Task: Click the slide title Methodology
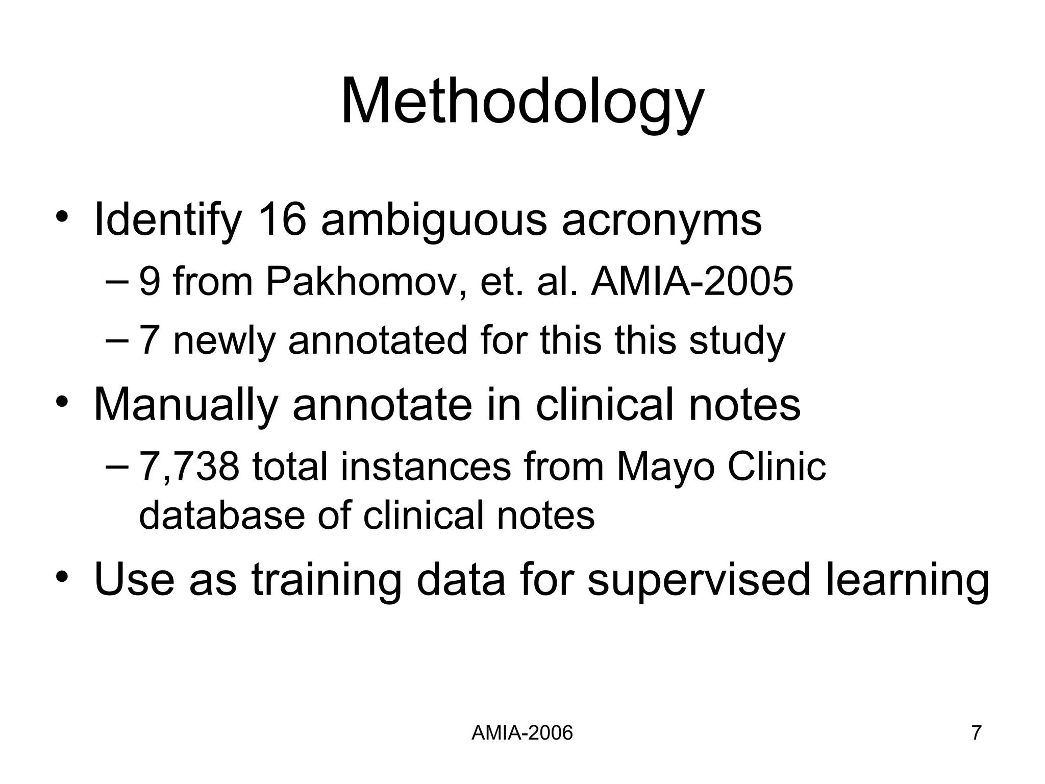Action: coord(522,102)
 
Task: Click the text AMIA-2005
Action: coord(692,281)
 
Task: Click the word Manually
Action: coord(186,405)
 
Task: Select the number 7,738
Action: coord(189,467)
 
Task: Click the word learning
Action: coord(907,580)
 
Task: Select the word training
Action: coord(327,580)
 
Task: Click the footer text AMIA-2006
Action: coord(522,733)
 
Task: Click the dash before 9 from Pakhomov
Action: coord(118,281)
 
